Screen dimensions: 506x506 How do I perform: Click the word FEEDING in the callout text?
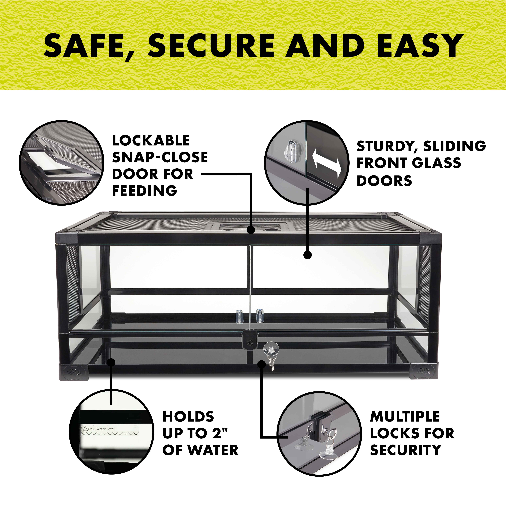coord(145,190)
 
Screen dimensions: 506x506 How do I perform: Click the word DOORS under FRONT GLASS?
coord(384,181)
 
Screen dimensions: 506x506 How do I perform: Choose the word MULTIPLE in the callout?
coord(405,416)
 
